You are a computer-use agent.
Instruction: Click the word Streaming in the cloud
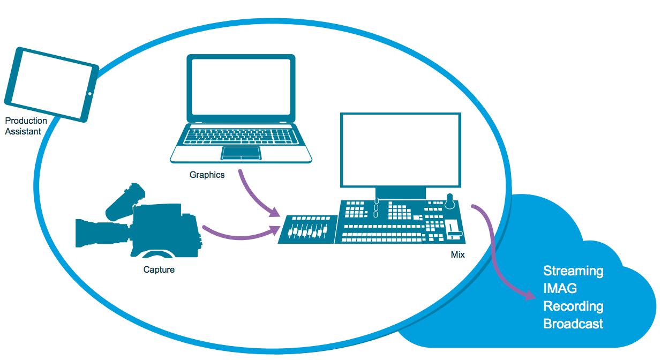(573, 271)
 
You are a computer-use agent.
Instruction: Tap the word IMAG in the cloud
(560, 289)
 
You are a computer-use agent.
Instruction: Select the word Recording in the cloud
(573, 306)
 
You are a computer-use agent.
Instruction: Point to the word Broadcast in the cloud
(573, 324)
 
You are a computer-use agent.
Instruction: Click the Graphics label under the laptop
(207, 175)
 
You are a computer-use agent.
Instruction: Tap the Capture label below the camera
(159, 269)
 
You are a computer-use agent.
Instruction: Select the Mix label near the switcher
(457, 255)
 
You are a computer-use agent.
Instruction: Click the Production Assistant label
(26, 126)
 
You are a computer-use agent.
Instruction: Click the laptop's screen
(241, 89)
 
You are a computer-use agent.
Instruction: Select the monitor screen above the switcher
(401, 149)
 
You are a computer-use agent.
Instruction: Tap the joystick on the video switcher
(450, 201)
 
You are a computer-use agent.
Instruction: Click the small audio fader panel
(308, 230)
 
